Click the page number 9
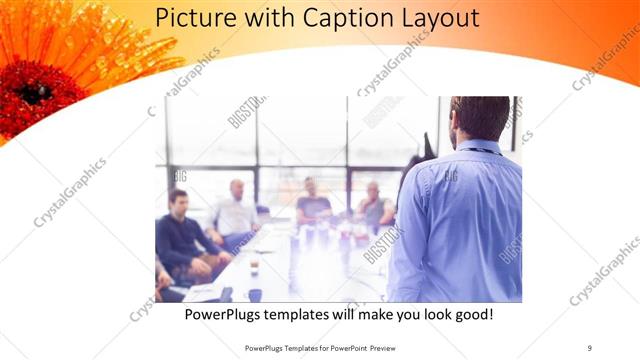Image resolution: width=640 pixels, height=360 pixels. coord(589,348)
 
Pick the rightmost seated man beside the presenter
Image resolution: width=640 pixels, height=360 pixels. coord(375,207)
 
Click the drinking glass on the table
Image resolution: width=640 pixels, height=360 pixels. coord(255,264)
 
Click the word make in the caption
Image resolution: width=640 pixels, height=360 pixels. coord(368,315)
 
